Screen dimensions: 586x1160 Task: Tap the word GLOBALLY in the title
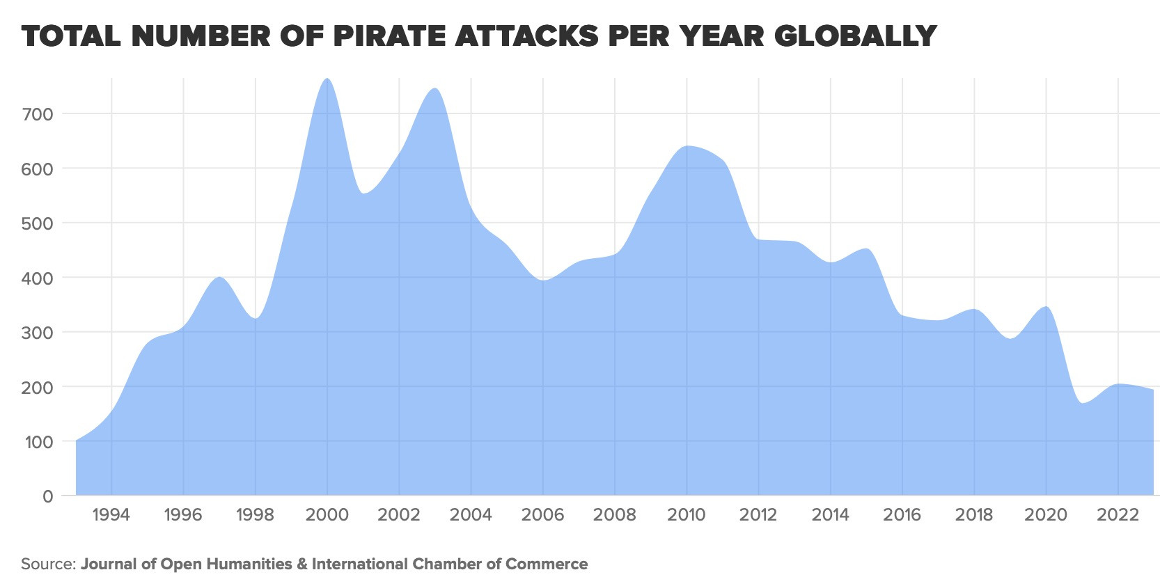coord(855,35)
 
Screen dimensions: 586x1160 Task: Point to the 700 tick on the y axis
coord(38,114)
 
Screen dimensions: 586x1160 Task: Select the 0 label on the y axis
coord(47,496)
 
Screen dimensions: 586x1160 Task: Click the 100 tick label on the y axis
coord(38,442)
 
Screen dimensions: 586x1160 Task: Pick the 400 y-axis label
coord(38,278)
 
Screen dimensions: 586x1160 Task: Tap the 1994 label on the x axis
coord(111,515)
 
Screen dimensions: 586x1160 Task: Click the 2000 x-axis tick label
coord(327,515)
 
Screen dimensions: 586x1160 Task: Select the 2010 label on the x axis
coord(687,515)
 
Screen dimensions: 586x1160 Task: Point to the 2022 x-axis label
coord(1118,515)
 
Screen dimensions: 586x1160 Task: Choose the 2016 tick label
coord(902,515)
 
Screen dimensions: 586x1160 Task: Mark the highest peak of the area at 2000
coord(327,79)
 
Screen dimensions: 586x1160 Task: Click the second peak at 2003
coord(434,89)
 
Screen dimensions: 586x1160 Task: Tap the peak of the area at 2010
coord(687,146)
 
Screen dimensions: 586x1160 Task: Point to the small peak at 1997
coord(219,278)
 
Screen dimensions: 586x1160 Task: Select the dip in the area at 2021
coord(1081,403)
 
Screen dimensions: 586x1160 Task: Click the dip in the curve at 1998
coord(256,318)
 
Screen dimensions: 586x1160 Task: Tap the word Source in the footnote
coord(47,564)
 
